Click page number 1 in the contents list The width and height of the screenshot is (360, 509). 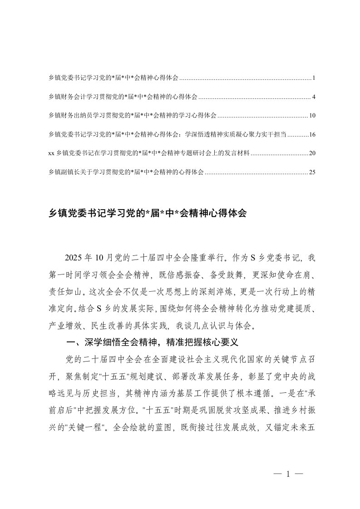click(314, 78)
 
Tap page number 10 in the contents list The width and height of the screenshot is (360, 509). click(312, 116)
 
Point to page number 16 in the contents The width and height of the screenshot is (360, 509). click(312, 135)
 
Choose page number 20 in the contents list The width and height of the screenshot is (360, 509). click(312, 153)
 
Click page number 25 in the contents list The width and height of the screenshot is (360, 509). click(312, 172)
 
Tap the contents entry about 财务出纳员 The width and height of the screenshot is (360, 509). click(132, 116)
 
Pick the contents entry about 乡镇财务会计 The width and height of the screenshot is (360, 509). click(123, 97)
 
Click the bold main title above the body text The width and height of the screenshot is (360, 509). click(147, 214)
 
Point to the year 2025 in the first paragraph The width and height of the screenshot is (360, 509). click(75, 258)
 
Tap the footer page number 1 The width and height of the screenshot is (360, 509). click(287, 475)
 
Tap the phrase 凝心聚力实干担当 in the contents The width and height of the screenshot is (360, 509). click(258, 135)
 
